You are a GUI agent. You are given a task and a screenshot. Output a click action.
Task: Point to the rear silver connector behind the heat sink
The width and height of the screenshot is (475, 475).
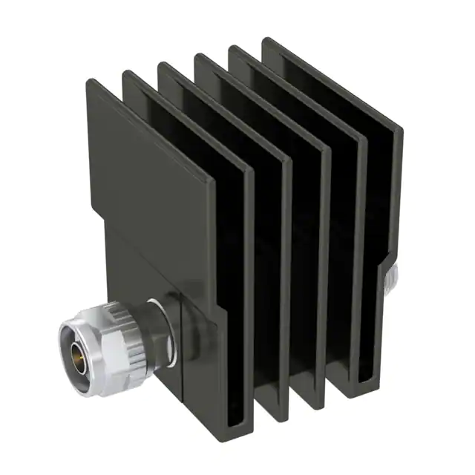coord(392,280)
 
